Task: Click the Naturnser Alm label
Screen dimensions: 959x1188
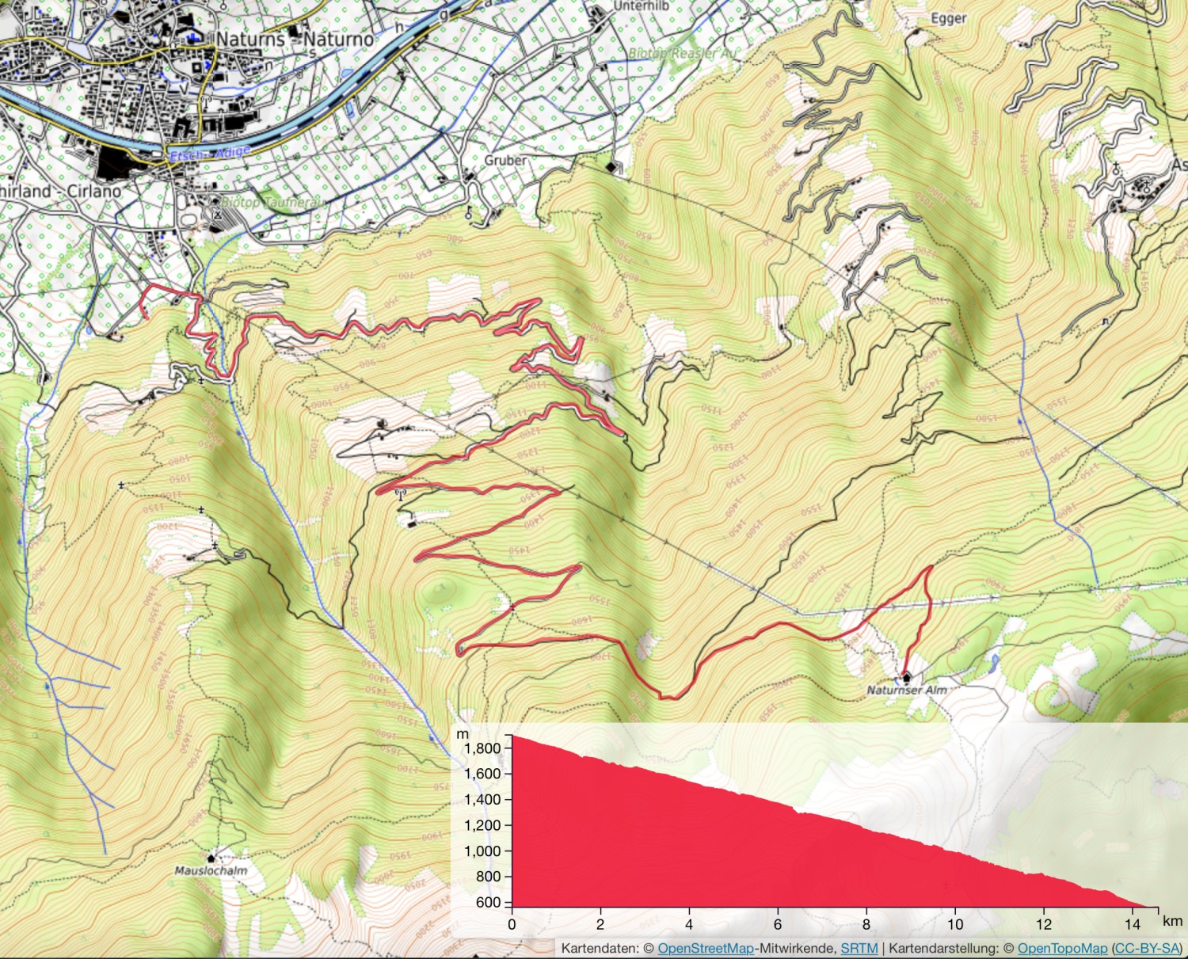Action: [906, 691]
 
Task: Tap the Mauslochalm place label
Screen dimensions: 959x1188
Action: [211, 870]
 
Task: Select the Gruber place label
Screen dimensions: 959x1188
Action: [505, 160]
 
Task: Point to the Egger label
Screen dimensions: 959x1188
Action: [948, 18]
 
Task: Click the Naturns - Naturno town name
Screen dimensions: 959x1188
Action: [295, 39]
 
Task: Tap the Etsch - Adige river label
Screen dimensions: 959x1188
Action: [210, 154]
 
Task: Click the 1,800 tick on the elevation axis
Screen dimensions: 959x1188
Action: [482, 748]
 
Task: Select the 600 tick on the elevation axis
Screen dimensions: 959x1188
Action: [489, 902]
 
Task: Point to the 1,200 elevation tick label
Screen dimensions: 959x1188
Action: [482, 825]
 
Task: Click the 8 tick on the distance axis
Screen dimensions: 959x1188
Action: [866, 923]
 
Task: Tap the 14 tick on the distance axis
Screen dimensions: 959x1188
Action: [1133, 923]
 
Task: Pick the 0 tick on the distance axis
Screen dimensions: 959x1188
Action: [512, 923]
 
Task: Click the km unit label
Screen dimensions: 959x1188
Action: [1172, 921]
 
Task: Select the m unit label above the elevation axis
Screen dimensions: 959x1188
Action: [463, 735]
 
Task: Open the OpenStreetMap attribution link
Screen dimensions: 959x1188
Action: [705, 948]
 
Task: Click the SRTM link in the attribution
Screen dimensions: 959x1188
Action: [859, 948]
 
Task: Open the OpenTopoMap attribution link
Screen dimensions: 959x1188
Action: [1062, 948]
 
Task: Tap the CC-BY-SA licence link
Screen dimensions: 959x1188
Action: [1147, 948]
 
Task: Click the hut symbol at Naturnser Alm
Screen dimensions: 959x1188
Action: [906, 677]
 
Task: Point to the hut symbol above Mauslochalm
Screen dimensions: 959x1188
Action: [211, 858]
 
